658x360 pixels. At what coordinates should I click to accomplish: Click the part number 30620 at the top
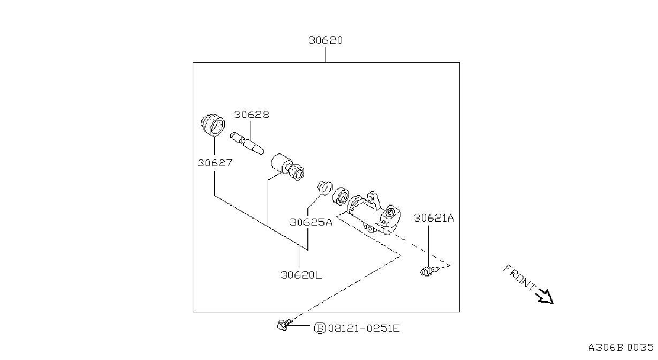tap(326, 40)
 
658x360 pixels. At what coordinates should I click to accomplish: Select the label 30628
tap(252, 115)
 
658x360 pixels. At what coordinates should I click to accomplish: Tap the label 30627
tap(215, 162)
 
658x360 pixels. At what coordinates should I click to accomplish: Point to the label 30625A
tap(311, 222)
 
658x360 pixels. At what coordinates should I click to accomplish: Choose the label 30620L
tap(301, 275)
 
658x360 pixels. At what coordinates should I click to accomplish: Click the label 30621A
tap(434, 218)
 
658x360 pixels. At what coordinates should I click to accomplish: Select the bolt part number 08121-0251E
tap(364, 328)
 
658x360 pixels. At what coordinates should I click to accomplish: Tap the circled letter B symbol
tap(320, 328)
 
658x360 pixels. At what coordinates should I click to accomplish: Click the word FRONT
tap(520, 278)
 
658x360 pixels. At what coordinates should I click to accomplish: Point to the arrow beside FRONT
tap(545, 296)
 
